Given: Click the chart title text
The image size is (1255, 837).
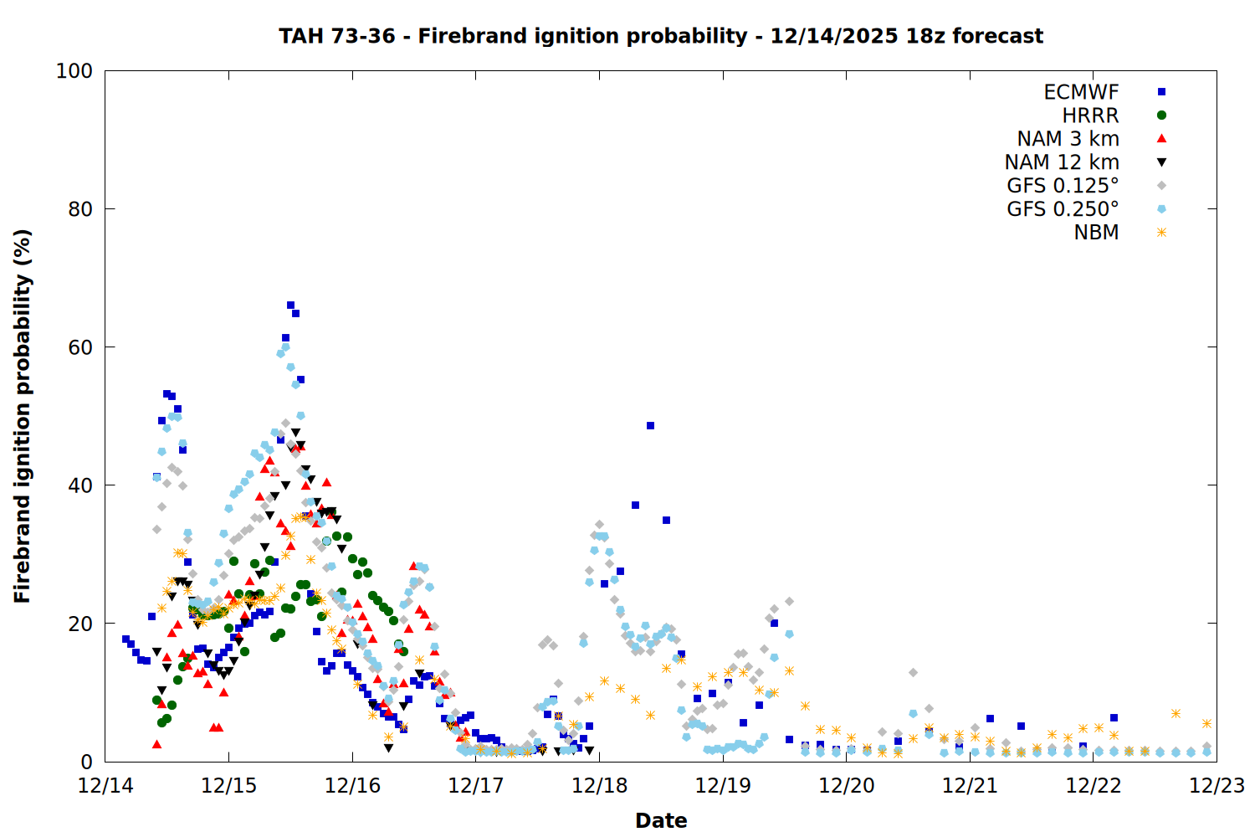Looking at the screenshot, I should (x=661, y=36).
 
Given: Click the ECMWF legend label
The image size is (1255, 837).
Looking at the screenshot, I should (x=1081, y=92).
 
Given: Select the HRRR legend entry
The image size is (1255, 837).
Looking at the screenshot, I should (x=1090, y=116).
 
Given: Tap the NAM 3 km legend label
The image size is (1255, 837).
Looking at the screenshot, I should (x=1068, y=139).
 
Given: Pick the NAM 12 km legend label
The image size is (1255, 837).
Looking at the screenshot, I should (x=1062, y=162).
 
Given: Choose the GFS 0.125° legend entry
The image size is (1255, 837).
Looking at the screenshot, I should (x=1063, y=186).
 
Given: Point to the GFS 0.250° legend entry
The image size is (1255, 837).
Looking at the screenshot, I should (x=1063, y=209).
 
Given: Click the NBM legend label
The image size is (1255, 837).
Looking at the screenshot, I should (x=1096, y=233).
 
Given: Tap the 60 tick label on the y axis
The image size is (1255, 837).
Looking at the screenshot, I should (x=80, y=347).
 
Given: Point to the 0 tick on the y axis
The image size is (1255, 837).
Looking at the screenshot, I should (x=87, y=762).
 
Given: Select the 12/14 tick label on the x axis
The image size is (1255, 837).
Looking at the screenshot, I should (x=105, y=786).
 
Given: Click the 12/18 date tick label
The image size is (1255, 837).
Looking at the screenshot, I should (x=599, y=786).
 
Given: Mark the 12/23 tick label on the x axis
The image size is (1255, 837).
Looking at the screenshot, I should (x=1217, y=786).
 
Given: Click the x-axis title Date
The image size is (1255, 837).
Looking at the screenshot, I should (x=661, y=820).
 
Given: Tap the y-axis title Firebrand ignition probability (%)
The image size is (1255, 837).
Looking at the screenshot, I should (x=23, y=416).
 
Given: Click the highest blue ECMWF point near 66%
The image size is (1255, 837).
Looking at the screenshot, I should (x=290, y=306).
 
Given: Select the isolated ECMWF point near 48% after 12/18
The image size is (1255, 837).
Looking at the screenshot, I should (x=650, y=426).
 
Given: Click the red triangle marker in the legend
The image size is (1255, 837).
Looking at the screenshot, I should (x=1161, y=139).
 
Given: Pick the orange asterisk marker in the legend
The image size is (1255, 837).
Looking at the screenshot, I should (x=1161, y=233).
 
